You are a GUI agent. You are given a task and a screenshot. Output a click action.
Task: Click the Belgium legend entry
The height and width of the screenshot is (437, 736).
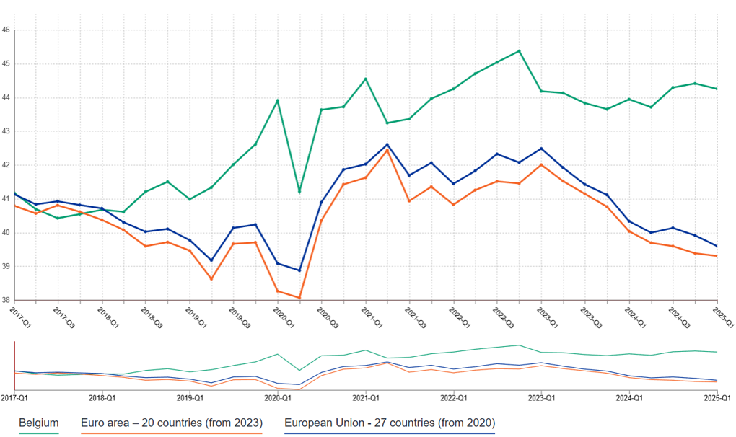pyautogui.click(x=38, y=423)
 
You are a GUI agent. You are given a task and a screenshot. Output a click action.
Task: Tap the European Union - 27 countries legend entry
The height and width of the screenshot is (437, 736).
pyautogui.click(x=390, y=423)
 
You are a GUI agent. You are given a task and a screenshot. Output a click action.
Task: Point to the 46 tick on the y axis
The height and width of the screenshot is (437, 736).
pyautogui.click(x=6, y=30)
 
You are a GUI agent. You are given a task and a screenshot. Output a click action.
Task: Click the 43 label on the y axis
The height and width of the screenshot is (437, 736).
pyautogui.click(x=6, y=131)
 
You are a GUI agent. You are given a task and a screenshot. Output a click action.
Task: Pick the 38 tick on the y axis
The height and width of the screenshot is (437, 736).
pyautogui.click(x=6, y=300)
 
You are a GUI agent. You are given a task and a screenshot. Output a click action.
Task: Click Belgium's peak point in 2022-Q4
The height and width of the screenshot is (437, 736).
pyautogui.click(x=520, y=51)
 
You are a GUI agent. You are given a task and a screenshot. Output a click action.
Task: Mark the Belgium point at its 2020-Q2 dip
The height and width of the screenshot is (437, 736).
pyautogui.click(x=299, y=192)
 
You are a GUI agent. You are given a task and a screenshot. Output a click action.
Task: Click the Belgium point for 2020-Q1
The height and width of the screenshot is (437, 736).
pyautogui.click(x=278, y=100)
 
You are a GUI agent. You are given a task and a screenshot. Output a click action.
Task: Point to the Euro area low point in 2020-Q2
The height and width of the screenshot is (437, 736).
pyautogui.click(x=299, y=298)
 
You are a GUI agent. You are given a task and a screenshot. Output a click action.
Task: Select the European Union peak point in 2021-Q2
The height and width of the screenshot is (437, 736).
pyautogui.click(x=387, y=144)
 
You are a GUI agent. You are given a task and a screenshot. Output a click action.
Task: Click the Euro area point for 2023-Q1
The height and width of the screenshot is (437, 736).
pyautogui.click(x=541, y=164)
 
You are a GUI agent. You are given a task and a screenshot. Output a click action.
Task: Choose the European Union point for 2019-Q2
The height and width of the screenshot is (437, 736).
pyautogui.click(x=211, y=260)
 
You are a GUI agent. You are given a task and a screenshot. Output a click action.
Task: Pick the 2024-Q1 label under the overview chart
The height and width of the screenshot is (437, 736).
pyautogui.click(x=630, y=398)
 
